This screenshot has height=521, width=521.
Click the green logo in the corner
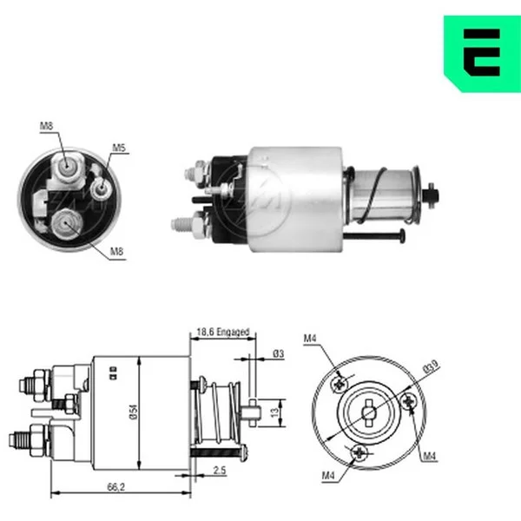tap(482, 53)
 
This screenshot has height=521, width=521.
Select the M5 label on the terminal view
tap(119, 148)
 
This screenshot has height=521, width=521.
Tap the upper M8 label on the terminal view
tap(46, 126)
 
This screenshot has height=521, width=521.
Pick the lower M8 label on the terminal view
tap(116, 252)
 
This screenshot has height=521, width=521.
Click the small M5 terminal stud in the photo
tap(101, 189)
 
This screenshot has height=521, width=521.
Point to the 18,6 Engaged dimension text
tap(222, 332)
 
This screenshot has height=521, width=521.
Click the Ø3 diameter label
tap(279, 354)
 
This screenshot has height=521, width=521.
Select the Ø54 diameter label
tap(133, 412)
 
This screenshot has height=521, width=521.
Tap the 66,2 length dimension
tap(116, 487)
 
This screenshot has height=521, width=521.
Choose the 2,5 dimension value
tap(220, 470)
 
